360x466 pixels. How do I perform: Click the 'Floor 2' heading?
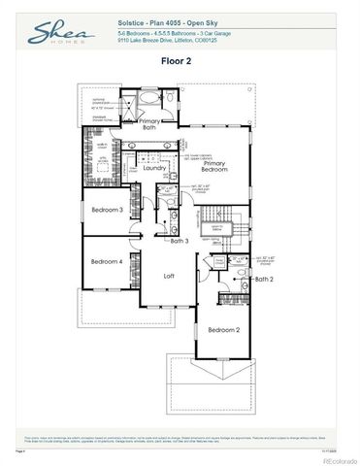pyautogui.click(x=180, y=60)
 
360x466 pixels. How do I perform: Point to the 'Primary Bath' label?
pyautogui.click(x=149, y=124)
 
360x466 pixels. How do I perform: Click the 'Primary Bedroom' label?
pyautogui.click(x=214, y=168)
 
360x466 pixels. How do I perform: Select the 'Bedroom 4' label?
pyautogui.click(x=107, y=261)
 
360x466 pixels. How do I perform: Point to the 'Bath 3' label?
pyautogui.click(x=179, y=240)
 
